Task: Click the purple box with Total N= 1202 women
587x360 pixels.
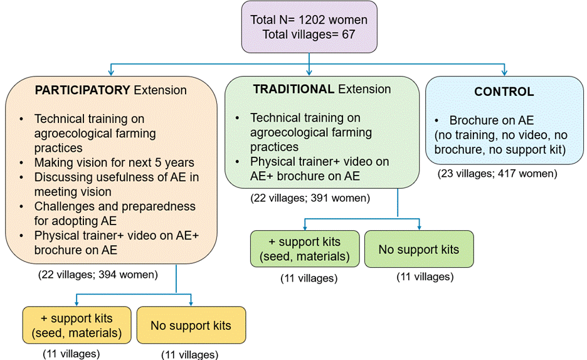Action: coord(309,27)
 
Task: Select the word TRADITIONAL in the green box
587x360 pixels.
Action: coord(293,89)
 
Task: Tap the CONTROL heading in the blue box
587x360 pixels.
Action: coord(504,92)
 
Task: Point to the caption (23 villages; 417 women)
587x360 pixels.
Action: coord(497,174)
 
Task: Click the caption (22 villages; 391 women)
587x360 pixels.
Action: coord(309,198)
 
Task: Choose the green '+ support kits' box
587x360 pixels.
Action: coord(304,249)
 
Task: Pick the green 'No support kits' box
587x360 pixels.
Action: coord(418,249)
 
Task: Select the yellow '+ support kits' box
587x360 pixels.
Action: coord(76,324)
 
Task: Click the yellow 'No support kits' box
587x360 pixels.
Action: coord(191,325)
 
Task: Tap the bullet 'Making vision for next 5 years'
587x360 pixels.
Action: coord(114,162)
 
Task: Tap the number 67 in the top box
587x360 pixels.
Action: coord(349,34)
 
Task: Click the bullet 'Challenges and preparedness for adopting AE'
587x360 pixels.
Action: coord(115,213)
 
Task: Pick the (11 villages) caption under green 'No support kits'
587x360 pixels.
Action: coord(425,277)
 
